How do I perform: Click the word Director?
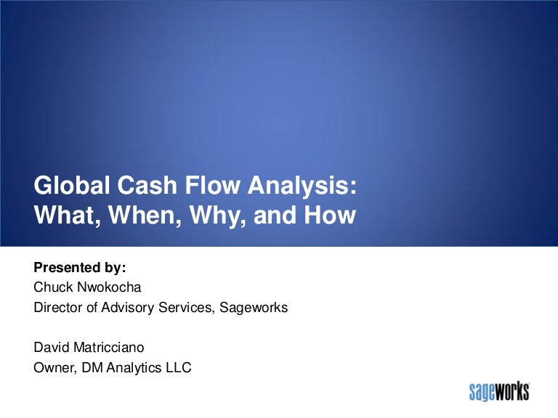[59, 307]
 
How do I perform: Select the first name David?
[51, 348]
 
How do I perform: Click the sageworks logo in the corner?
[499, 393]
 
